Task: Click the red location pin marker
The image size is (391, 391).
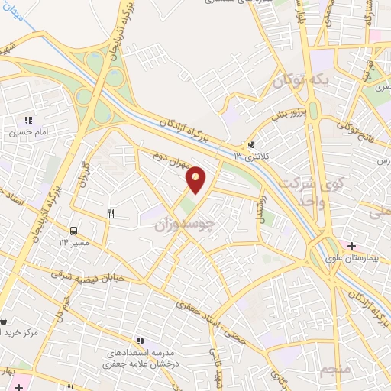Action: (x=196, y=180)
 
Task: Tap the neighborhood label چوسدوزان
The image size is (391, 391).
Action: (x=181, y=221)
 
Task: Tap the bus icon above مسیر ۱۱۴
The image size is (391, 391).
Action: (x=74, y=231)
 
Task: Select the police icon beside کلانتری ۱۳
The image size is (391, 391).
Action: (x=251, y=144)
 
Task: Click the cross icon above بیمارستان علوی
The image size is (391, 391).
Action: (x=351, y=246)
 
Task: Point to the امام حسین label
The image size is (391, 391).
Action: (x=29, y=132)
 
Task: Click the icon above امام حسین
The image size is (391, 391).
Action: (x=29, y=120)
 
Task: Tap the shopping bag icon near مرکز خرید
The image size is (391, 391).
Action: (x=4, y=322)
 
